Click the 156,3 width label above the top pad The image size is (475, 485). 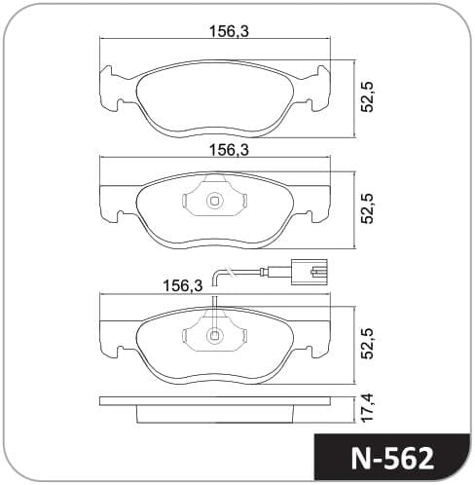pos(229,31)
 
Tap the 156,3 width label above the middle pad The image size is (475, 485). pos(229,150)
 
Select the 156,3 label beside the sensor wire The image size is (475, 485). pos(183,285)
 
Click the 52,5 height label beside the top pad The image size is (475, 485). pos(368,97)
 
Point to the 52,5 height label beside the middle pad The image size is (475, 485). pos(368,208)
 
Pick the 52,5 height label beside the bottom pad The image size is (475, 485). pos(368,344)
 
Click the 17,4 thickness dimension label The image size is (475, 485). pos(368,407)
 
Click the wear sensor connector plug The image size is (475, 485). pos(309,272)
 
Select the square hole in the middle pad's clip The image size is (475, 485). pos(214,201)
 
